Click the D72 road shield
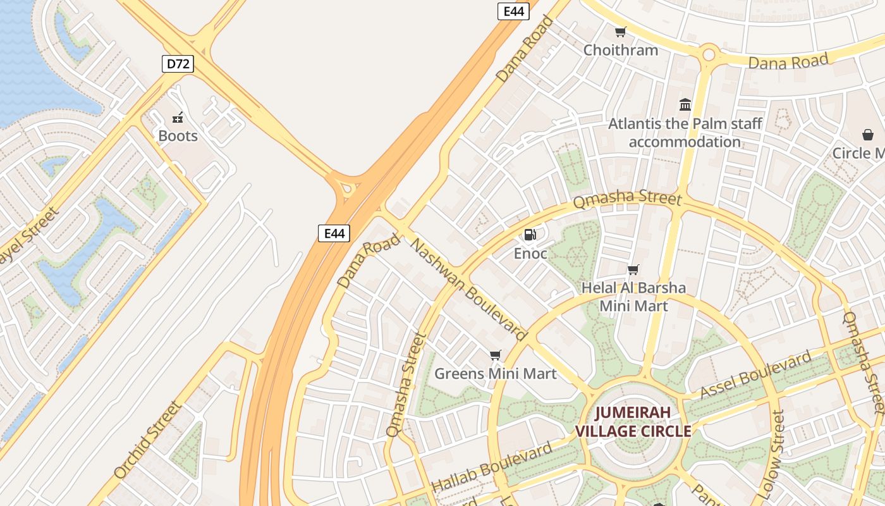pyautogui.click(x=178, y=63)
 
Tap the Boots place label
pyautogui.click(x=178, y=136)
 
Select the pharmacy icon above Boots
pyautogui.click(x=178, y=117)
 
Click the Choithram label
pyautogui.click(x=621, y=50)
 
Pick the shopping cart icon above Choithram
pyautogui.click(x=621, y=32)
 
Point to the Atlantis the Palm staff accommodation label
pyautogui.click(x=685, y=132)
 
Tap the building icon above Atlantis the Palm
pyautogui.click(x=685, y=104)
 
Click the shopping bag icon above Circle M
pyautogui.click(x=868, y=135)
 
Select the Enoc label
pyautogui.click(x=530, y=254)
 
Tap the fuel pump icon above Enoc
pyautogui.click(x=530, y=235)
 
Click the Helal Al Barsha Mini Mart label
pyautogui.click(x=633, y=297)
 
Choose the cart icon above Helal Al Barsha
pyautogui.click(x=633, y=270)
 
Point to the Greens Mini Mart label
pyautogui.click(x=496, y=374)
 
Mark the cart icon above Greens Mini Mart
pyautogui.click(x=496, y=355)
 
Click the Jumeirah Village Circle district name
pyautogui.click(x=633, y=423)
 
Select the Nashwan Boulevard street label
pyautogui.click(x=469, y=289)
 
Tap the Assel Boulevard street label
pyautogui.click(x=755, y=376)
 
